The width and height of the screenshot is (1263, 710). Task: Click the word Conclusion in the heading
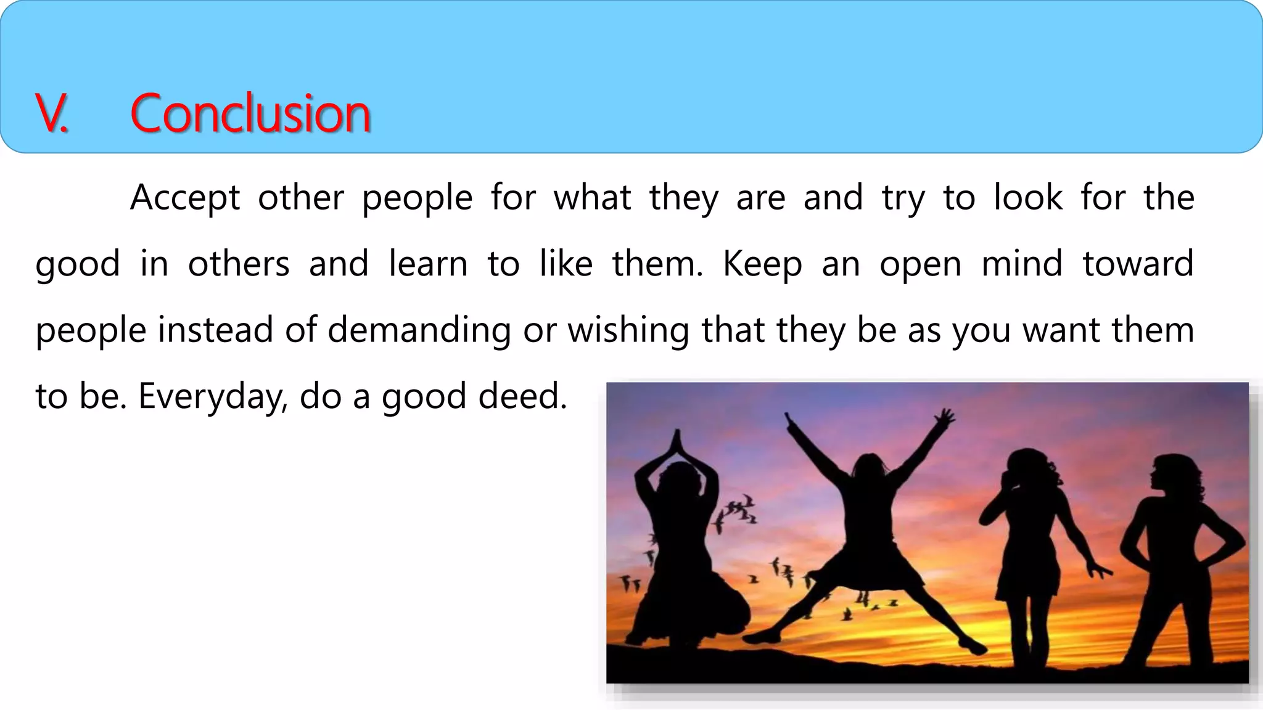pos(250,114)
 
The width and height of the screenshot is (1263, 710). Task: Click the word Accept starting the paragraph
pos(185,198)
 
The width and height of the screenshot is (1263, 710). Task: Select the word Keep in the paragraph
pos(762,264)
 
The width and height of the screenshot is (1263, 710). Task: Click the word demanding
pos(419,330)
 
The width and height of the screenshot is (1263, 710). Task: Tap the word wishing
pos(628,330)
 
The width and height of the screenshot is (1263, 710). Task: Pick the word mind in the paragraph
pos(1022,264)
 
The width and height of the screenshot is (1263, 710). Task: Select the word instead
pos(215,330)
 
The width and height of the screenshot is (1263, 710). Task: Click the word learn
pos(428,264)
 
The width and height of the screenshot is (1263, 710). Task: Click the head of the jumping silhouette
pos(870,468)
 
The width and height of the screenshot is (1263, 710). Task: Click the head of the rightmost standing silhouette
pos(1171,473)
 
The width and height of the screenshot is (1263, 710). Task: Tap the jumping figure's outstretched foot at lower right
pos(973,647)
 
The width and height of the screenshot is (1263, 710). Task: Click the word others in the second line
pos(239,264)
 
